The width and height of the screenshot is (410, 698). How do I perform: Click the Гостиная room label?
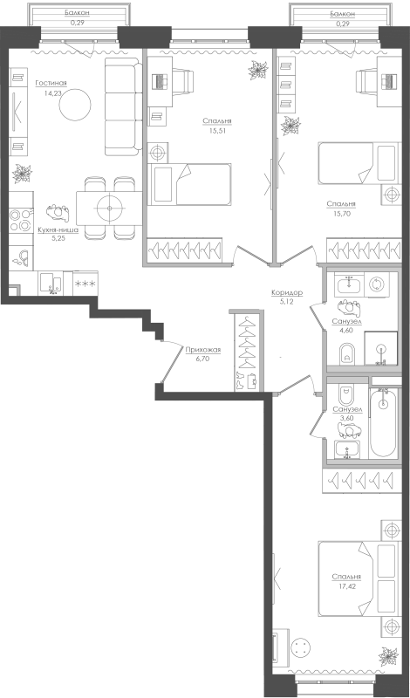[51, 83]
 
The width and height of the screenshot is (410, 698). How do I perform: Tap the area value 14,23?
[52, 93]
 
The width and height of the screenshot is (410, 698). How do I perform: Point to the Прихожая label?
[202, 350]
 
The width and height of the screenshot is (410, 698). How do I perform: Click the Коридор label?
[287, 292]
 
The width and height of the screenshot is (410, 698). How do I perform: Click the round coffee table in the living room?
[75, 105]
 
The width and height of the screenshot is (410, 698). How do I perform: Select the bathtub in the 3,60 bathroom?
[383, 422]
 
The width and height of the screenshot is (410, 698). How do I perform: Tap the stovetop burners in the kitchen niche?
[21, 221]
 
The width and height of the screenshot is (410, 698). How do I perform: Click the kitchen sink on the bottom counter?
[51, 283]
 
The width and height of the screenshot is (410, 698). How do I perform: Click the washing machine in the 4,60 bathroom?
[377, 284]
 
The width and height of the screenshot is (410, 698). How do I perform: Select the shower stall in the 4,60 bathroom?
[380, 348]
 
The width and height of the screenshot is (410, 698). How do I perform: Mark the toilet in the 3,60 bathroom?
[346, 394]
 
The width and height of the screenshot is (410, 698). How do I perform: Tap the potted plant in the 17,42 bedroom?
[388, 657]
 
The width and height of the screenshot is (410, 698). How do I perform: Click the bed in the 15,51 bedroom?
[189, 184]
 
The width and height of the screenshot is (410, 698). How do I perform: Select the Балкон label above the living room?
[77, 13]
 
